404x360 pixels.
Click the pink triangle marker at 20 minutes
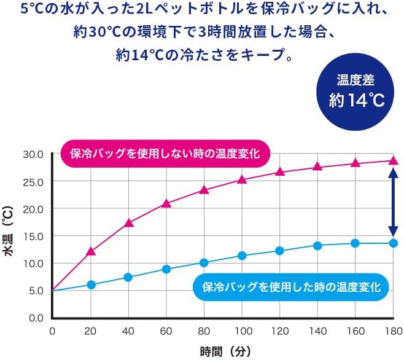pos(91,251)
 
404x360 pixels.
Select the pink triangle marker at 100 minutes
pos(242,179)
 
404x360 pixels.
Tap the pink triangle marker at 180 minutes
pos(393,161)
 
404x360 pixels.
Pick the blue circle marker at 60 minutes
pos(166,269)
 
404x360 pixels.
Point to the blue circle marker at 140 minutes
pos(317,246)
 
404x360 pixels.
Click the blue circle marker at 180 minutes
pos(393,243)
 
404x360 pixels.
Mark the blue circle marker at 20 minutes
pos(91,284)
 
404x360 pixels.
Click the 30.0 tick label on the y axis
pos(31,154)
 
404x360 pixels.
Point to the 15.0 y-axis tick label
pos(31,236)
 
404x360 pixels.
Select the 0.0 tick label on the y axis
pos(34,318)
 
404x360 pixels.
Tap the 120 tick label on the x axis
pos(279,332)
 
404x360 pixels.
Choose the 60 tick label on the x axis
pos(166,332)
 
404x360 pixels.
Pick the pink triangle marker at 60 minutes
pos(166,203)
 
